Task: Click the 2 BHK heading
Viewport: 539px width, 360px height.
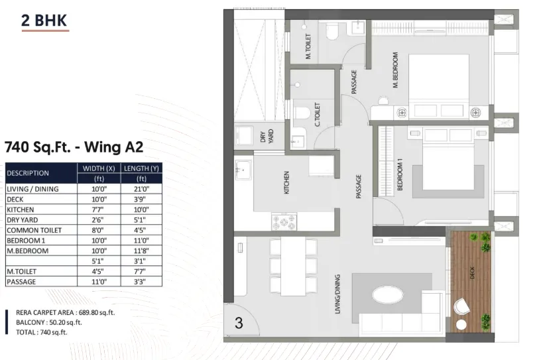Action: coord(44,21)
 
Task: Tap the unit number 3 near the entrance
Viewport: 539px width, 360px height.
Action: coord(239,323)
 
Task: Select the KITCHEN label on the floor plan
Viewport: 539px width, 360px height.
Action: coord(286,182)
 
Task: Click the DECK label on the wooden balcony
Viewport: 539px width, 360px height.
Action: coord(472,272)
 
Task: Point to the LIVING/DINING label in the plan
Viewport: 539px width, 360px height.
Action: coord(337,294)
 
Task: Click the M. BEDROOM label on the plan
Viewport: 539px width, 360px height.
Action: coord(395,70)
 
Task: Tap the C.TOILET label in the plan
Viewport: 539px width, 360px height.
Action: coord(318,115)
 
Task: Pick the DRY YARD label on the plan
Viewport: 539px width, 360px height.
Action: coord(267,137)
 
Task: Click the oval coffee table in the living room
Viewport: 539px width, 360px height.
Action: coord(388,295)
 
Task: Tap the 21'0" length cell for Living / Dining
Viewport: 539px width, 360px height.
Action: coord(141,189)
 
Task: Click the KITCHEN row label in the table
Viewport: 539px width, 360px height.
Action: coord(21,210)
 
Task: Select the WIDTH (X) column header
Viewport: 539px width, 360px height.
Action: coord(99,168)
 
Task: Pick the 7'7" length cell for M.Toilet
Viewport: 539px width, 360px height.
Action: coord(141,271)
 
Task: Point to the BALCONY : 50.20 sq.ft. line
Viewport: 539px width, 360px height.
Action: coord(49,322)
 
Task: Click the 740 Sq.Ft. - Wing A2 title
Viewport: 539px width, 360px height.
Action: coord(74,147)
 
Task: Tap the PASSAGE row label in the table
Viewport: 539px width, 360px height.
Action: coord(21,282)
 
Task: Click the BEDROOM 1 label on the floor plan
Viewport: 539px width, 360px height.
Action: coord(400,174)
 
